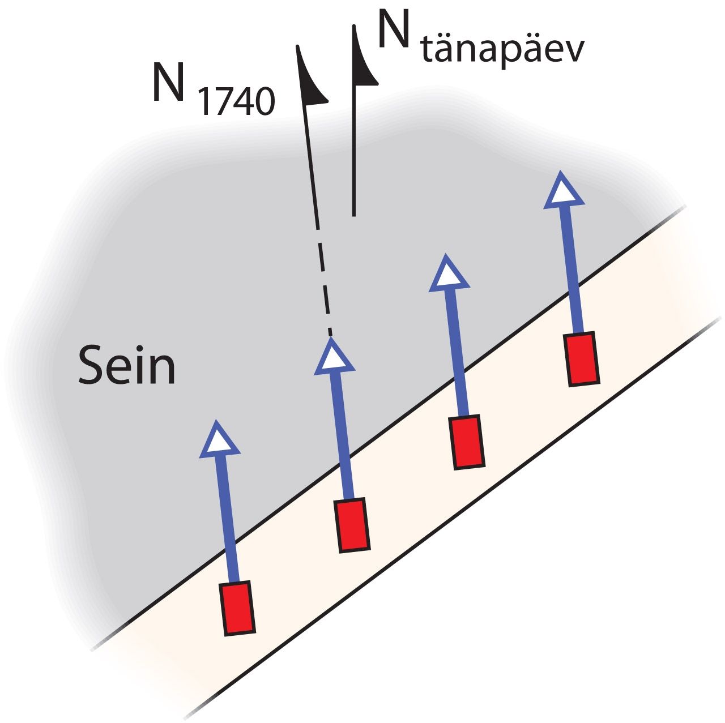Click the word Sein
coord(127,365)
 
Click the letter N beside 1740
coord(168,82)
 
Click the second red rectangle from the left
coord(352,525)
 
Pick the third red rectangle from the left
coord(467,442)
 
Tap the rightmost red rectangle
coord(581,359)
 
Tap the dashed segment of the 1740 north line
coord(325,282)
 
